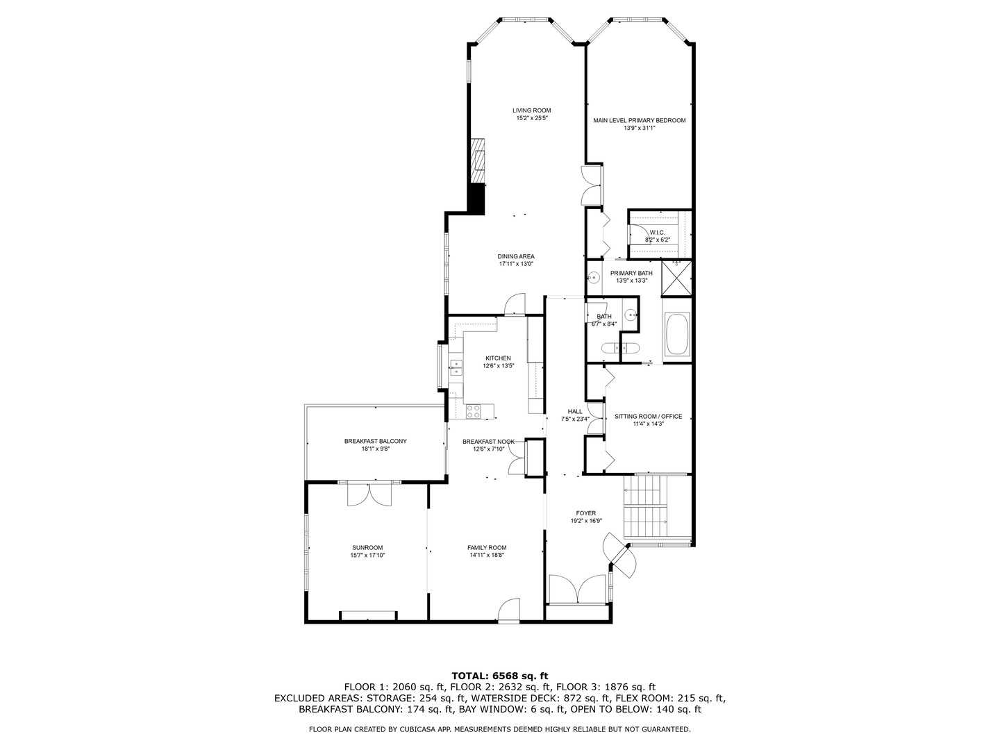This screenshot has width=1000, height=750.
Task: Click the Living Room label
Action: (531, 110)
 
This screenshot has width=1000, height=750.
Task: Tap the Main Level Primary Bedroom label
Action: (639, 120)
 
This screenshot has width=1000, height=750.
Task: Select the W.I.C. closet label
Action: (657, 232)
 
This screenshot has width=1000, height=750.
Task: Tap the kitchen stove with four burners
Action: (473, 411)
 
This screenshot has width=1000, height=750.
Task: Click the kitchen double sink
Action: (456, 367)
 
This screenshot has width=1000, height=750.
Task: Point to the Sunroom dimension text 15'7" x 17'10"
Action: (367, 555)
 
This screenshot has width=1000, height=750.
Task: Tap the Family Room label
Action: (487, 547)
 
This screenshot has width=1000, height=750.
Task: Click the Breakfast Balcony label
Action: (375, 441)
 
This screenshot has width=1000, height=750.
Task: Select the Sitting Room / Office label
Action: (648, 417)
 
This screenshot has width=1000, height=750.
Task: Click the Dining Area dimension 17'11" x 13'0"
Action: (515, 264)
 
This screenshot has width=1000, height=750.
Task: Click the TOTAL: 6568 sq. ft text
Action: (499, 675)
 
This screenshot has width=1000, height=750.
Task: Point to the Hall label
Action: (575, 411)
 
